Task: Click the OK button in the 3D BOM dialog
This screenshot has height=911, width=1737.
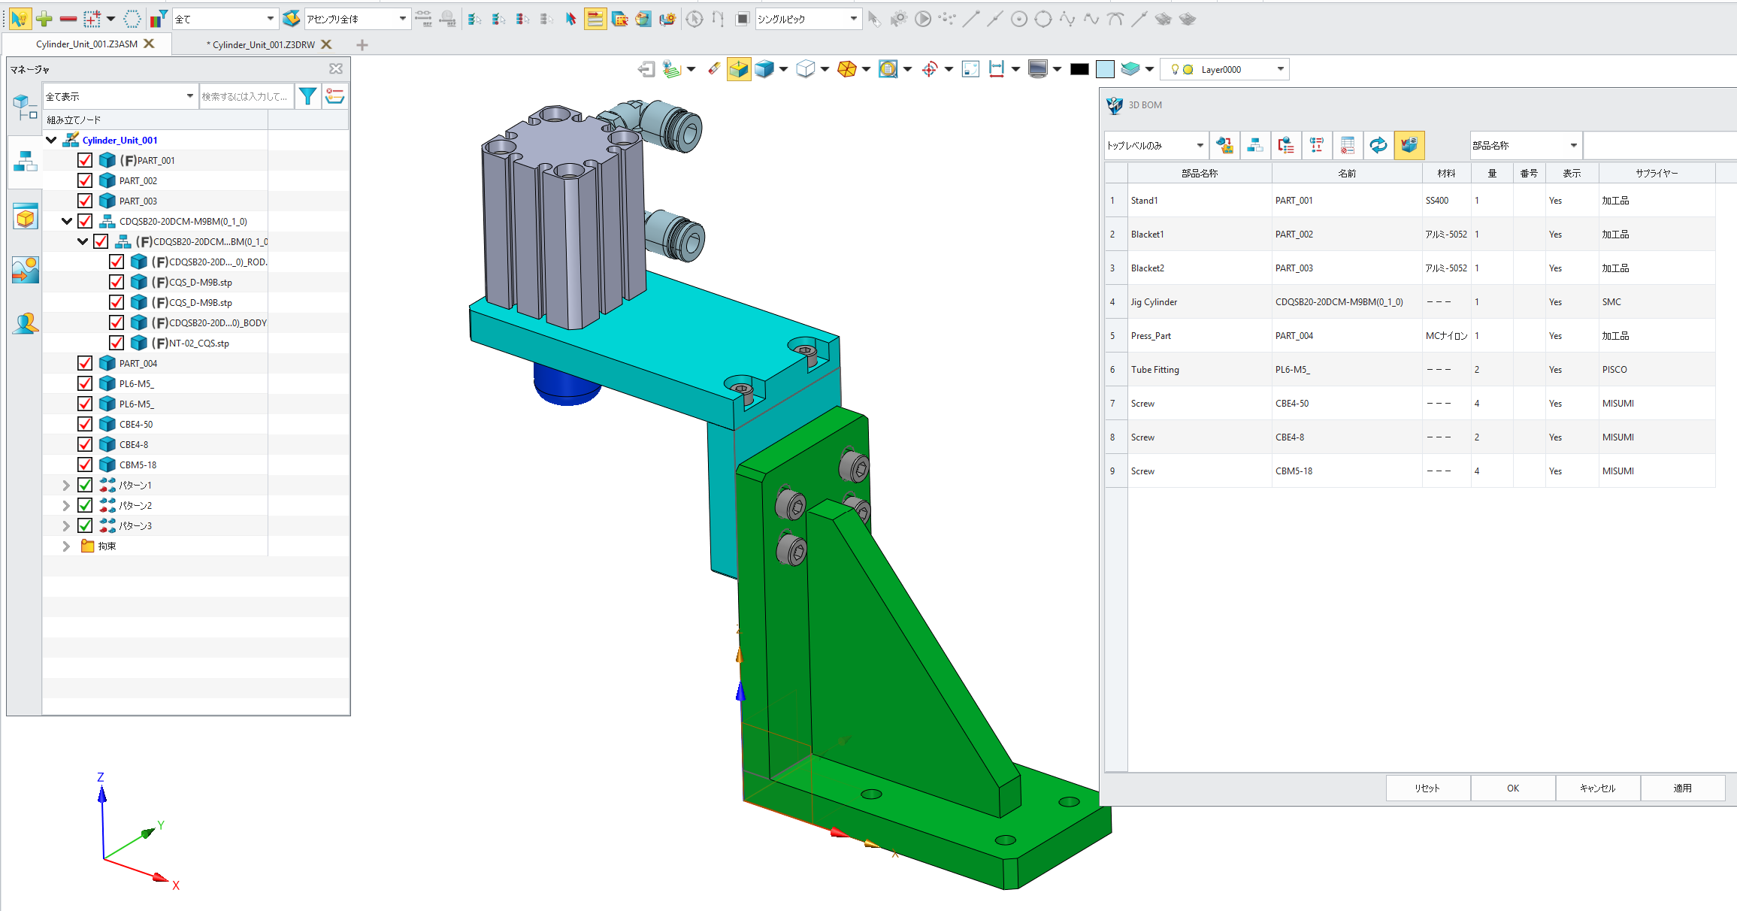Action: [1512, 788]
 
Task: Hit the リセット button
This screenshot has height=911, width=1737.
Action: [1427, 788]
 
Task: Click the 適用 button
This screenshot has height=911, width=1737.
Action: [1682, 788]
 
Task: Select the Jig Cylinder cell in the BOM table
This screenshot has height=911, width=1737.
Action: [1154, 302]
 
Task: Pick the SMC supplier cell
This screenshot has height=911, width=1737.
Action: [1611, 302]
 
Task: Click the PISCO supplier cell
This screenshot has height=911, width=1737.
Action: [1614, 370]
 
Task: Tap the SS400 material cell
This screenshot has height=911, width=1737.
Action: [1436, 201]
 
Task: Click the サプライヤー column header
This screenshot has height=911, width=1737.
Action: [1657, 174]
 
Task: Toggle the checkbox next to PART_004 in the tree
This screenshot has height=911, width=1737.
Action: [85, 363]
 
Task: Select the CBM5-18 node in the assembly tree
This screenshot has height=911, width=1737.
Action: [138, 465]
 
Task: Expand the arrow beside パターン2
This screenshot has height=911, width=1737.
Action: [66, 505]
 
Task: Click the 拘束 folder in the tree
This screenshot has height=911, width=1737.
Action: [106, 546]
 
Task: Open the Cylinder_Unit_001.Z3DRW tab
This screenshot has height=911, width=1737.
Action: [263, 44]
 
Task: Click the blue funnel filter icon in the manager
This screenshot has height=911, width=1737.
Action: [307, 96]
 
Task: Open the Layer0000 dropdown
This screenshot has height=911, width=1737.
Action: [1280, 69]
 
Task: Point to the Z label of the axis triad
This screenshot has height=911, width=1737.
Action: [101, 777]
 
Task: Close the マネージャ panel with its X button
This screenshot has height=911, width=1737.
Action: [336, 69]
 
